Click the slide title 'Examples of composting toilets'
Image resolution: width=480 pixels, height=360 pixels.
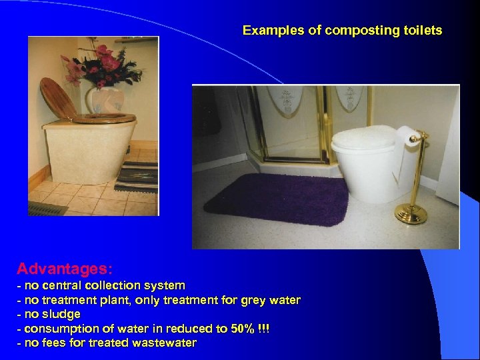point(342,31)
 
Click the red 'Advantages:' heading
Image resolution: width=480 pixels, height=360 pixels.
point(65,269)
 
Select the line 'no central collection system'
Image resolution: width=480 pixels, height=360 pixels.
point(101,285)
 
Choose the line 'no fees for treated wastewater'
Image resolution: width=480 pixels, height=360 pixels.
point(107,343)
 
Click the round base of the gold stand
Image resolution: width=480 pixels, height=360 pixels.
point(411,214)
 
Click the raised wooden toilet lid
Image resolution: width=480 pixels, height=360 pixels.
point(59,99)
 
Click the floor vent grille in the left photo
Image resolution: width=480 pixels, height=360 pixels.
point(47,208)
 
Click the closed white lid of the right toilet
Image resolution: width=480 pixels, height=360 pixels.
point(363,137)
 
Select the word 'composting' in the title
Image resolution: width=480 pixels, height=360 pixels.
point(357,31)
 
